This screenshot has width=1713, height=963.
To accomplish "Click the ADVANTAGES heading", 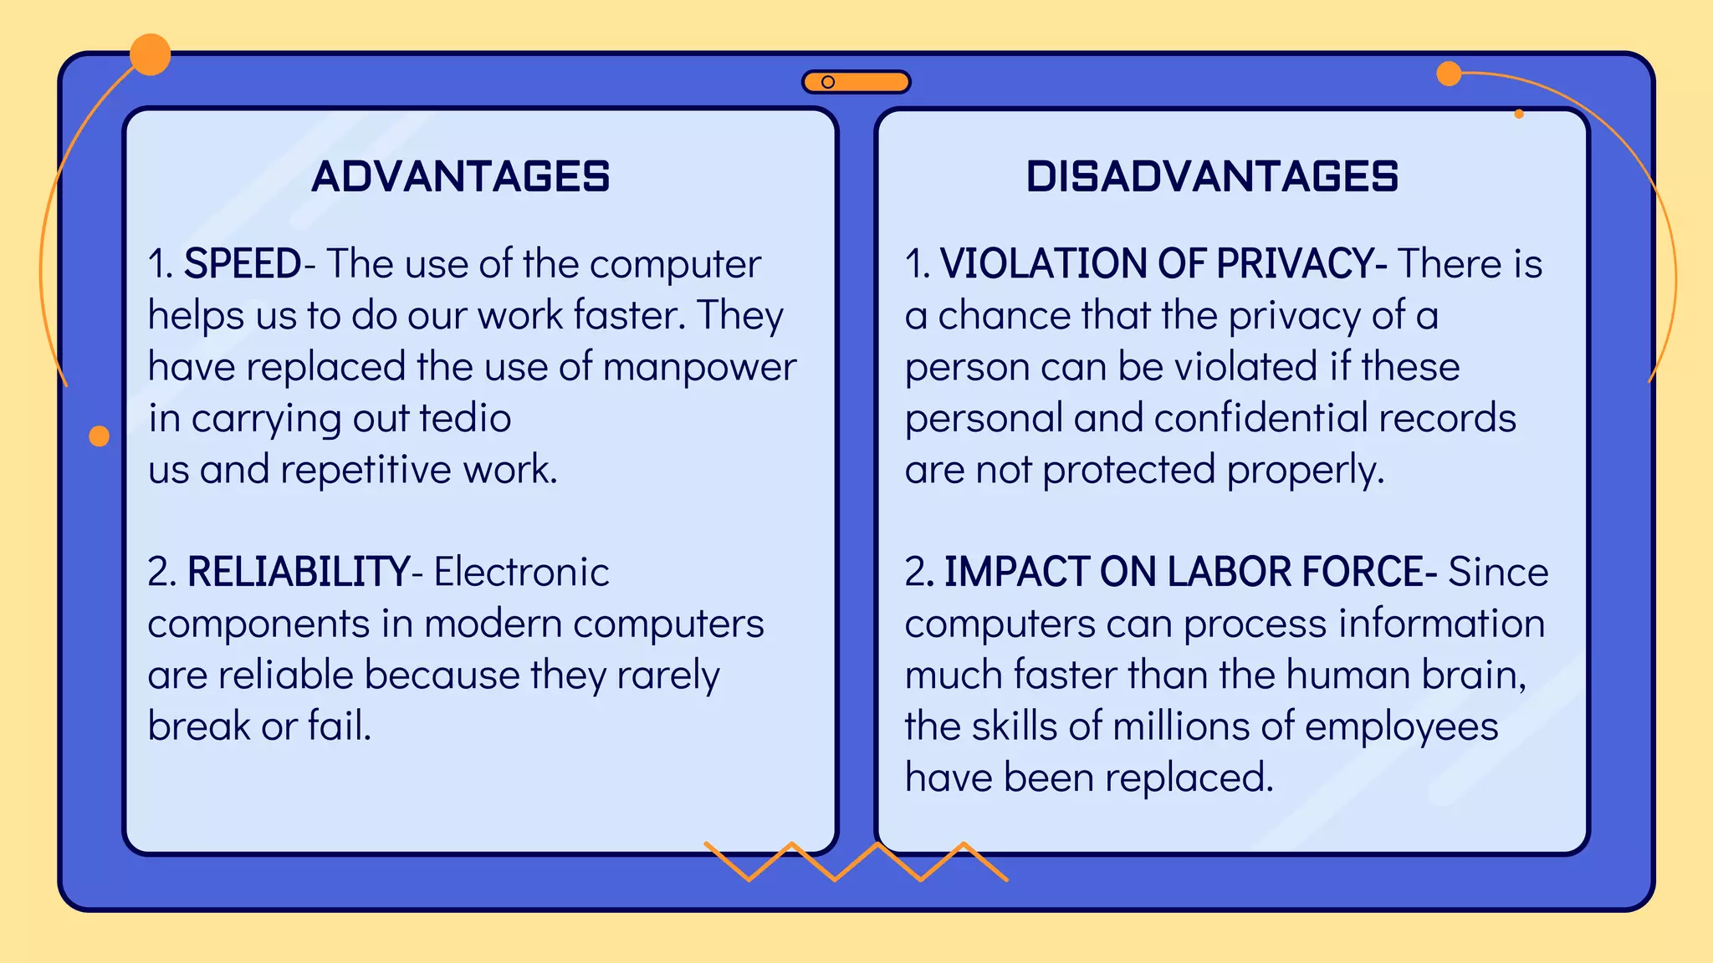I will (460, 176).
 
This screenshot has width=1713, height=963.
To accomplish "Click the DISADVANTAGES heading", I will (1212, 176).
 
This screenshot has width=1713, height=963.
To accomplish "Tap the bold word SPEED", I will (243, 264).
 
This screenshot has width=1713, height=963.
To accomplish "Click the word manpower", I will (699, 368).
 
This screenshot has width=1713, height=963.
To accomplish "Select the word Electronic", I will (522, 573).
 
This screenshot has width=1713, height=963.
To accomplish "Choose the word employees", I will (1401, 727).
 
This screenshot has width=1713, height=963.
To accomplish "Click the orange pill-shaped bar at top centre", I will (856, 82).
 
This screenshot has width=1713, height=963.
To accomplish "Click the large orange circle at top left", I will (151, 55).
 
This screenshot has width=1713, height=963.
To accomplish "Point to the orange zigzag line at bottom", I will (856, 861).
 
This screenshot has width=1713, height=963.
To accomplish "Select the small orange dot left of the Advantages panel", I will (100, 436).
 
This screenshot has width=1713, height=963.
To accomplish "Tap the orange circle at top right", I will (1449, 74).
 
